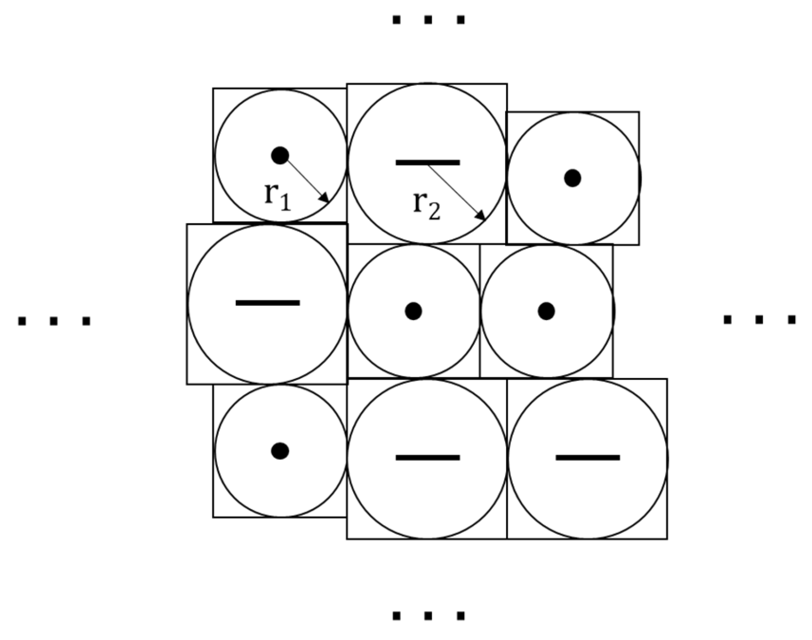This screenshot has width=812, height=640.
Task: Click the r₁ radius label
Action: (x=277, y=195)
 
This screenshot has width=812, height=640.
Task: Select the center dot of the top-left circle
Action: (x=280, y=155)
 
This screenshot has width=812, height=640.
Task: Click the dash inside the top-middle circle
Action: (x=427, y=162)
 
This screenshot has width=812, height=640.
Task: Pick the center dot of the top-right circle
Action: (x=572, y=178)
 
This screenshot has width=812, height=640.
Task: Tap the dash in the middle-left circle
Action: (x=268, y=303)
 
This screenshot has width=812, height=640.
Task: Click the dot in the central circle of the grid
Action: (x=413, y=311)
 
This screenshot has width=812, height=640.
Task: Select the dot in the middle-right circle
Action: (x=546, y=311)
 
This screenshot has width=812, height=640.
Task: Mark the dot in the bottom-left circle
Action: (x=280, y=451)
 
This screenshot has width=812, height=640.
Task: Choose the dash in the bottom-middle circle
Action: (x=427, y=458)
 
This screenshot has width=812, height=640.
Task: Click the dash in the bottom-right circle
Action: (x=587, y=458)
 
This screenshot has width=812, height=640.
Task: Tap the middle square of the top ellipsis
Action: (x=428, y=20)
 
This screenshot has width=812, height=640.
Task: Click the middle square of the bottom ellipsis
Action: (x=428, y=616)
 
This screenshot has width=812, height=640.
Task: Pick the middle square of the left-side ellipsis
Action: (x=54, y=321)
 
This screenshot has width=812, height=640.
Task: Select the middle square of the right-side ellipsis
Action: (x=760, y=319)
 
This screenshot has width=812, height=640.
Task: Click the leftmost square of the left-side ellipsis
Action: (x=22, y=321)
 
